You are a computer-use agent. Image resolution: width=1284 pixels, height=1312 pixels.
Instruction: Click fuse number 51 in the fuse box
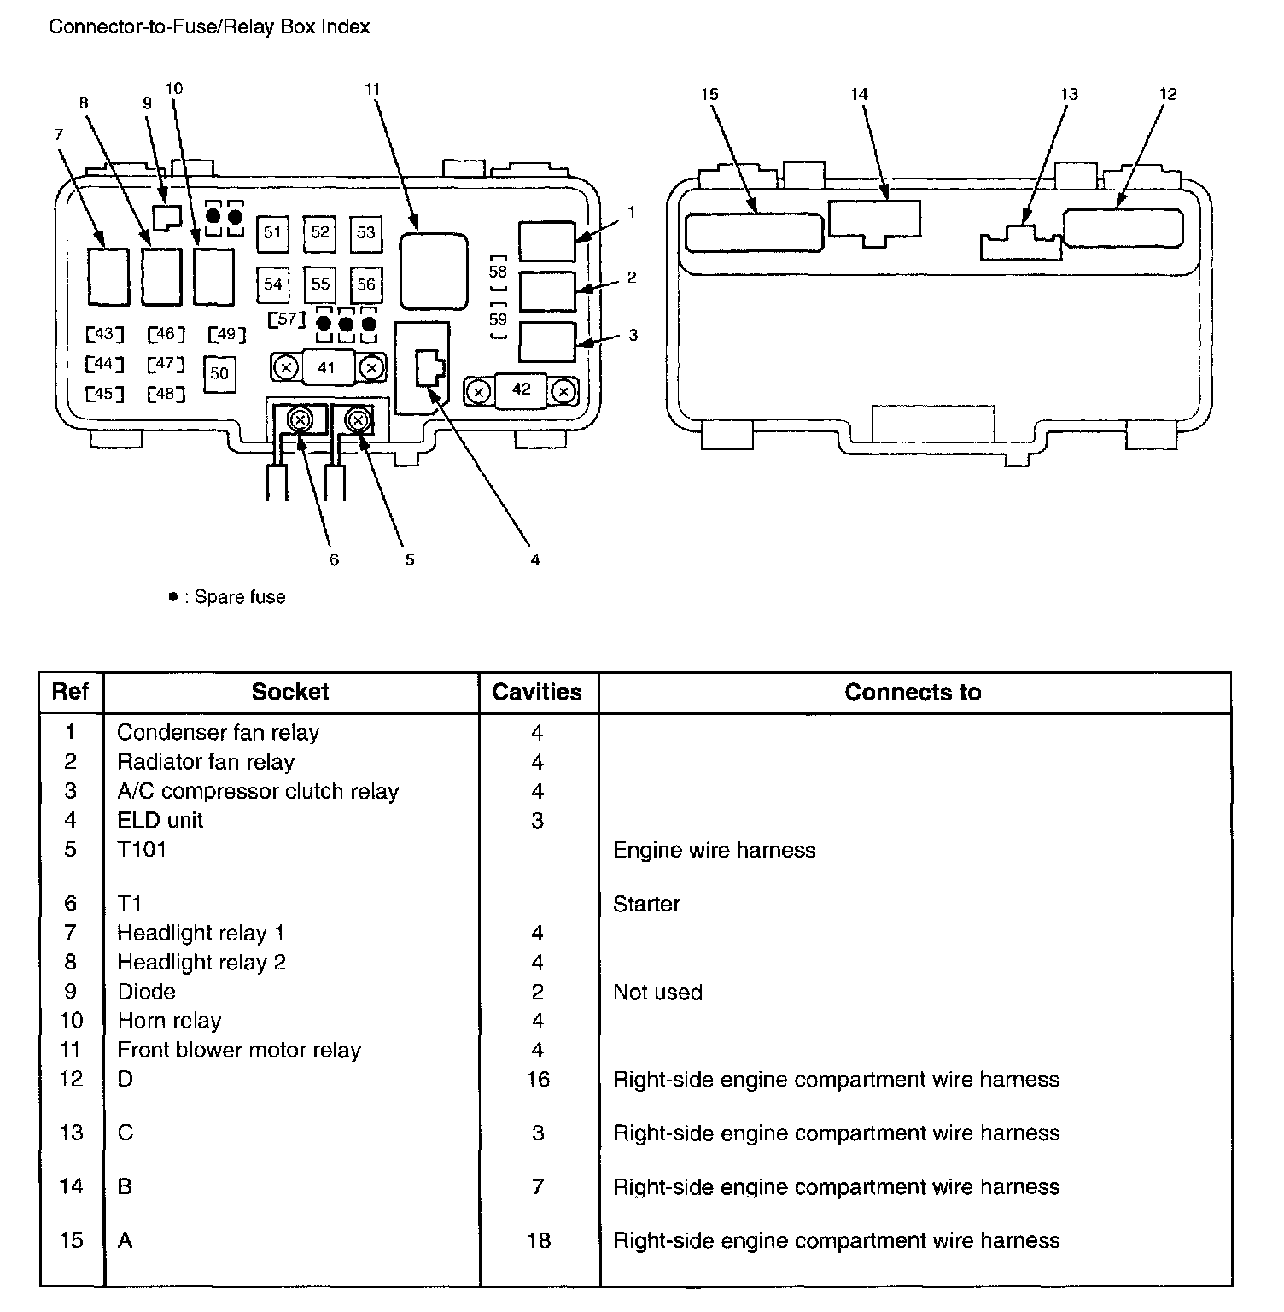[272, 232]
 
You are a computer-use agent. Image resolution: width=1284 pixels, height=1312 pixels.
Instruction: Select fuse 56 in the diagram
[366, 284]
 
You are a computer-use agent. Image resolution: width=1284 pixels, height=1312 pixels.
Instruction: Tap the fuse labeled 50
[219, 373]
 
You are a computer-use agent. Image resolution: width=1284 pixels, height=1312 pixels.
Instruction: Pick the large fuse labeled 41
[326, 368]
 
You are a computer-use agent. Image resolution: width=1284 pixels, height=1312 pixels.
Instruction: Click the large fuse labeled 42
[521, 389]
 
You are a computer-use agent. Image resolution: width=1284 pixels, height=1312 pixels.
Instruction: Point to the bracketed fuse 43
[105, 334]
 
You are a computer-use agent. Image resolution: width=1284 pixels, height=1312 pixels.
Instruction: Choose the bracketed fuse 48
[166, 394]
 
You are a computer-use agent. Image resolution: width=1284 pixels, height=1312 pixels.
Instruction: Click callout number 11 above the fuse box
[371, 89]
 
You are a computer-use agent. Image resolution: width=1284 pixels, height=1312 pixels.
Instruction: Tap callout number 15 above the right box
[709, 94]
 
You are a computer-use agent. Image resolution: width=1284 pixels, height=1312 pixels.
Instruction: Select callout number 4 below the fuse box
[534, 560]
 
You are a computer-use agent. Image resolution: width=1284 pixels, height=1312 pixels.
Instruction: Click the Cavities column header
[537, 692]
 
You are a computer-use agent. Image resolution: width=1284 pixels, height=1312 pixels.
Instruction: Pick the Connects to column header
[913, 692]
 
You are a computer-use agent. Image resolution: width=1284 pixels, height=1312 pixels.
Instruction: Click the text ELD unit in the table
[160, 820]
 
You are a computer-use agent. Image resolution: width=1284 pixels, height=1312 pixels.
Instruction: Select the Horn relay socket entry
[169, 1021]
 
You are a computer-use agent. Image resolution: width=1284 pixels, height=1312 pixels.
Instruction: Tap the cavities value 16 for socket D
[538, 1080]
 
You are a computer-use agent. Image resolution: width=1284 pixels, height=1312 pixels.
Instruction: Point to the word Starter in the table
[646, 904]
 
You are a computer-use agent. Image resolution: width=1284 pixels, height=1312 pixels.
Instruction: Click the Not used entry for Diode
[657, 993]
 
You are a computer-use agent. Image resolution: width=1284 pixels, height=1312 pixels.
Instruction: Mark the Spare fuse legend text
[239, 597]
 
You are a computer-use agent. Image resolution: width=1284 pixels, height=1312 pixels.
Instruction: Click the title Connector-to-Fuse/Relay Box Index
[209, 26]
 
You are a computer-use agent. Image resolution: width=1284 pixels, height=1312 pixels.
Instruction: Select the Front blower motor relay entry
[239, 1050]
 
